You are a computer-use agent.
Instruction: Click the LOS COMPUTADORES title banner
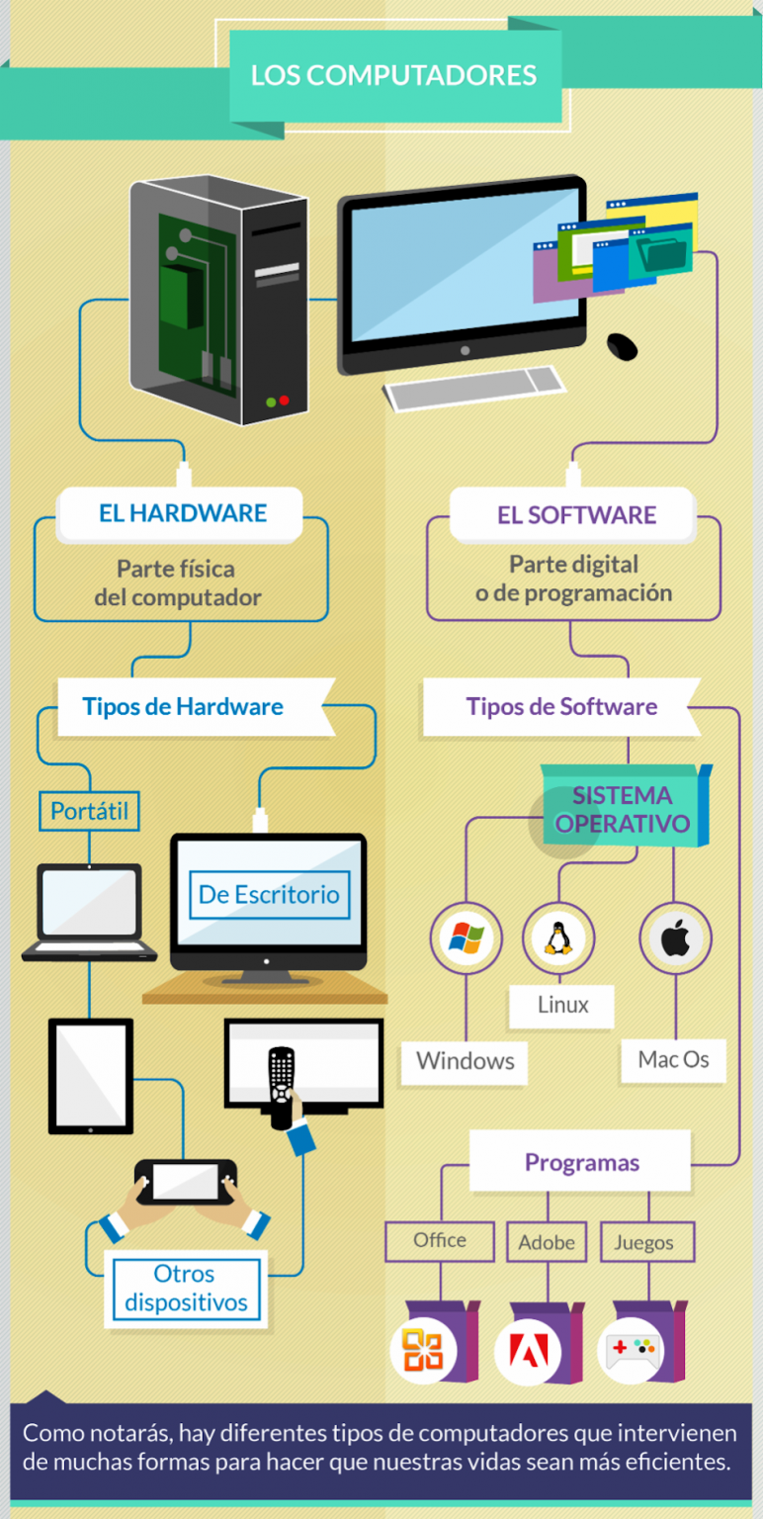[x=395, y=76]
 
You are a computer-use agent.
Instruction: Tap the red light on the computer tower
[x=284, y=401]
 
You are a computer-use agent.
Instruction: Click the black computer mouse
[x=622, y=346]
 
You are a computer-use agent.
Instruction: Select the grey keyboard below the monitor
[x=473, y=388]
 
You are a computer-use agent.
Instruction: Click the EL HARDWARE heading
[x=182, y=513]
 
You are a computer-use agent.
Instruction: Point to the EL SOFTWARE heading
[x=576, y=515]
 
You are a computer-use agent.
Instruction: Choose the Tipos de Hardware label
[x=183, y=707]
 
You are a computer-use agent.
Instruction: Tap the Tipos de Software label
[x=561, y=707]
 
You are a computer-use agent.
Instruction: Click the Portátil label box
[x=90, y=811]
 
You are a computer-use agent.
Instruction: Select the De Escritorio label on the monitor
[x=269, y=895]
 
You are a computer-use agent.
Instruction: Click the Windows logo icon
[x=466, y=938]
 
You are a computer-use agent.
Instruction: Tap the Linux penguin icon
[x=558, y=938]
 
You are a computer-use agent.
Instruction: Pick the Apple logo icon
[x=676, y=938]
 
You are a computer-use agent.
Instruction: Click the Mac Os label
[x=673, y=1060]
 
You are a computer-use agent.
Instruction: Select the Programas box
[x=581, y=1162]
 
